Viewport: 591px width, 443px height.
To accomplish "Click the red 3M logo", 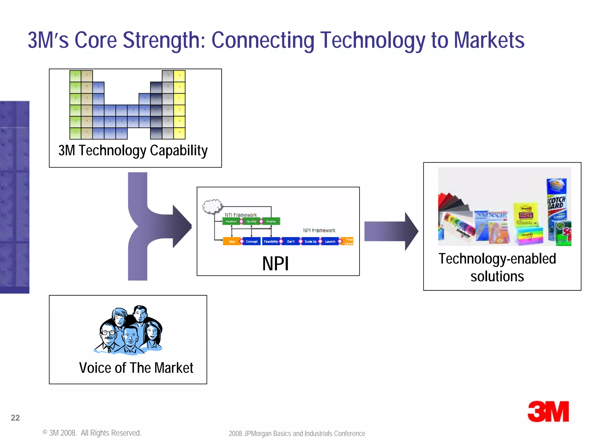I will pyautogui.click(x=548, y=412).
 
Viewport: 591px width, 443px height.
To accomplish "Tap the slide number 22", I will pyautogui.click(x=15, y=418).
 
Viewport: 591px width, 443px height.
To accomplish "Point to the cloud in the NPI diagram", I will pyautogui.click(x=213, y=206).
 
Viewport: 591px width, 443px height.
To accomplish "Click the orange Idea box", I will pyautogui.click(x=231, y=241).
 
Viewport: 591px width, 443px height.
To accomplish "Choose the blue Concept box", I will pyautogui.click(x=252, y=241).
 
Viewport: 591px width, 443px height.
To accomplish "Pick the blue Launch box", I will pyautogui.click(x=330, y=241).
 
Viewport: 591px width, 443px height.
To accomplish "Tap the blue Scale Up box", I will pyautogui.click(x=310, y=241).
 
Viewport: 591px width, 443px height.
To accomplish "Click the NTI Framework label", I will pyautogui.click(x=241, y=215).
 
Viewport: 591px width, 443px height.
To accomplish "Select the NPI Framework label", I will pyautogui.click(x=319, y=230).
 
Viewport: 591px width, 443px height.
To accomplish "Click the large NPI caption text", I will pyautogui.click(x=275, y=264).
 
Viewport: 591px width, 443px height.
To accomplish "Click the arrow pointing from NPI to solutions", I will pyautogui.click(x=391, y=231).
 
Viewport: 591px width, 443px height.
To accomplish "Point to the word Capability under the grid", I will pyautogui.click(x=179, y=151).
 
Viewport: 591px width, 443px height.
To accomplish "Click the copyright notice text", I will pyautogui.click(x=92, y=433).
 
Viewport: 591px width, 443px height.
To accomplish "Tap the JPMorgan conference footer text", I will pyautogui.click(x=297, y=433).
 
